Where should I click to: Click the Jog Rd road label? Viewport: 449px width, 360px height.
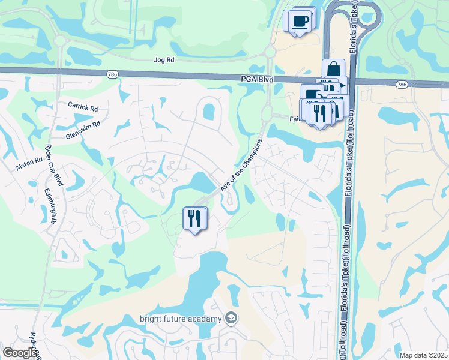[163, 60]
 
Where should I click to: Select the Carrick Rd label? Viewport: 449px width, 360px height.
[83, 107]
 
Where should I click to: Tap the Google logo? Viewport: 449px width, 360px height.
[20, 353]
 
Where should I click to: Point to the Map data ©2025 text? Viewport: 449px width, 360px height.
[423, 355]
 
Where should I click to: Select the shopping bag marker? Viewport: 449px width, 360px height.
[333, 68]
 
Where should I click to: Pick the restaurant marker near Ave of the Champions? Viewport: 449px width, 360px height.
[194, 218]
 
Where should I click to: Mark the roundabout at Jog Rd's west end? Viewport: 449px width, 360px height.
[59, 41]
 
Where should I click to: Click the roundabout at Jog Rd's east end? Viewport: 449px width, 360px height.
[270, 52]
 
